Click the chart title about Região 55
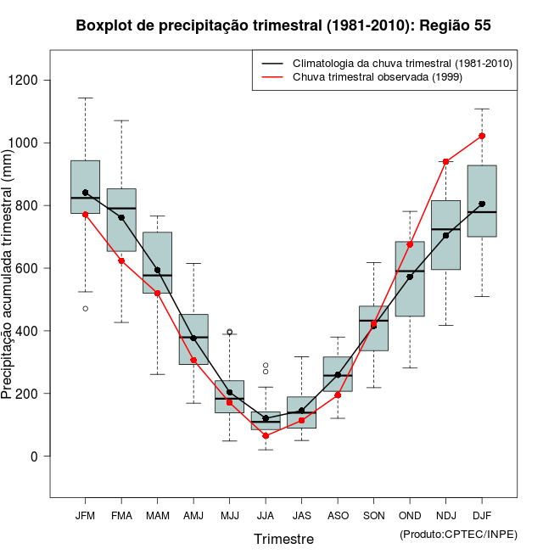(283, 25)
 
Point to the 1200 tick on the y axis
(35, 80)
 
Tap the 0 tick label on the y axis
(35, 456)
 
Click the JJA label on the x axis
(266, 515)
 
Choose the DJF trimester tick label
(482, 515)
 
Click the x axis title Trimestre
(283, 539)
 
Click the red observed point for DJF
(482, 136)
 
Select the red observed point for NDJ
(445, 161)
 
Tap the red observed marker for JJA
(266, 435)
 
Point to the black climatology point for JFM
(85, 193)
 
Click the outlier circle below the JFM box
(85, 308)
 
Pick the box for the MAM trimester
(157, 263)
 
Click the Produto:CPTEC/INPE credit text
(458, 534)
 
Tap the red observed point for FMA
(121, 260)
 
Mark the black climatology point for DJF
(482, 204)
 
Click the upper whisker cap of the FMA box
(121, 120)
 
